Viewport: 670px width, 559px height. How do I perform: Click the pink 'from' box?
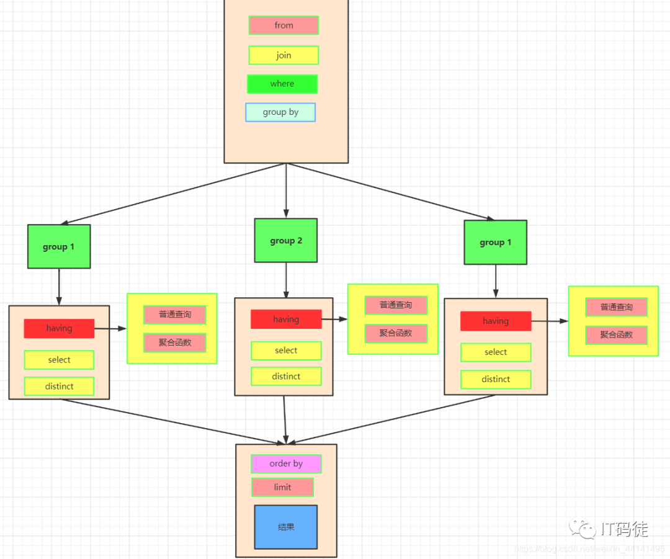pyautogui.click(x=284, y=25)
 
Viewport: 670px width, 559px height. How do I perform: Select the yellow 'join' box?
pyautogui.click(x=284, y=55)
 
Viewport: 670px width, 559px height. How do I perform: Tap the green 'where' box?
pyautogui.click(x=282, y=84)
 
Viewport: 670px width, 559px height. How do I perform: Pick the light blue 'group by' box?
pyautogui.click(x=280, y=112)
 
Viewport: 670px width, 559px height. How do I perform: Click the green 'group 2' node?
pyautogui.click(x=286, y=240)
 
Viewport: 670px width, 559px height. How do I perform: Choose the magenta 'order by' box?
pyautogui.click(x=286, y=463)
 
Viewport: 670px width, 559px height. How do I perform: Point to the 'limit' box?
pyautogui.click(x=282, y=487)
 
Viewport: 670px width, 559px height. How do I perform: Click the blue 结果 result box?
pyautogui.click(x=286, y=527)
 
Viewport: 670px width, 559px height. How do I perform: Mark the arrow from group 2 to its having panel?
pyautogui.click(x=286, y=280)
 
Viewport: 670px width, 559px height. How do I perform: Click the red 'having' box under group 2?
pyautogui.click(x=286, y=319)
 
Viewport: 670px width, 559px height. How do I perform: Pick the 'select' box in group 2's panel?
pyautogui.click(x=286, y=351)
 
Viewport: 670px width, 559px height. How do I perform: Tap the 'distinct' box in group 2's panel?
pyautogui.click(x=286, y=377)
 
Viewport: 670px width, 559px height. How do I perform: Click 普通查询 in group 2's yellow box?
pyautogui.click(x=396, y=305)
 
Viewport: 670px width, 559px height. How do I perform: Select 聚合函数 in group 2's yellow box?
pyautogui.click(x=396, y=333)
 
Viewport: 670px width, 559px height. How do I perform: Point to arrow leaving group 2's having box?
pyautogui.click(x=334, y=320)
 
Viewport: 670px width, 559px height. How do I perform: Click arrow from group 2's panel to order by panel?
pyautogui.click(x=285, y=419)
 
